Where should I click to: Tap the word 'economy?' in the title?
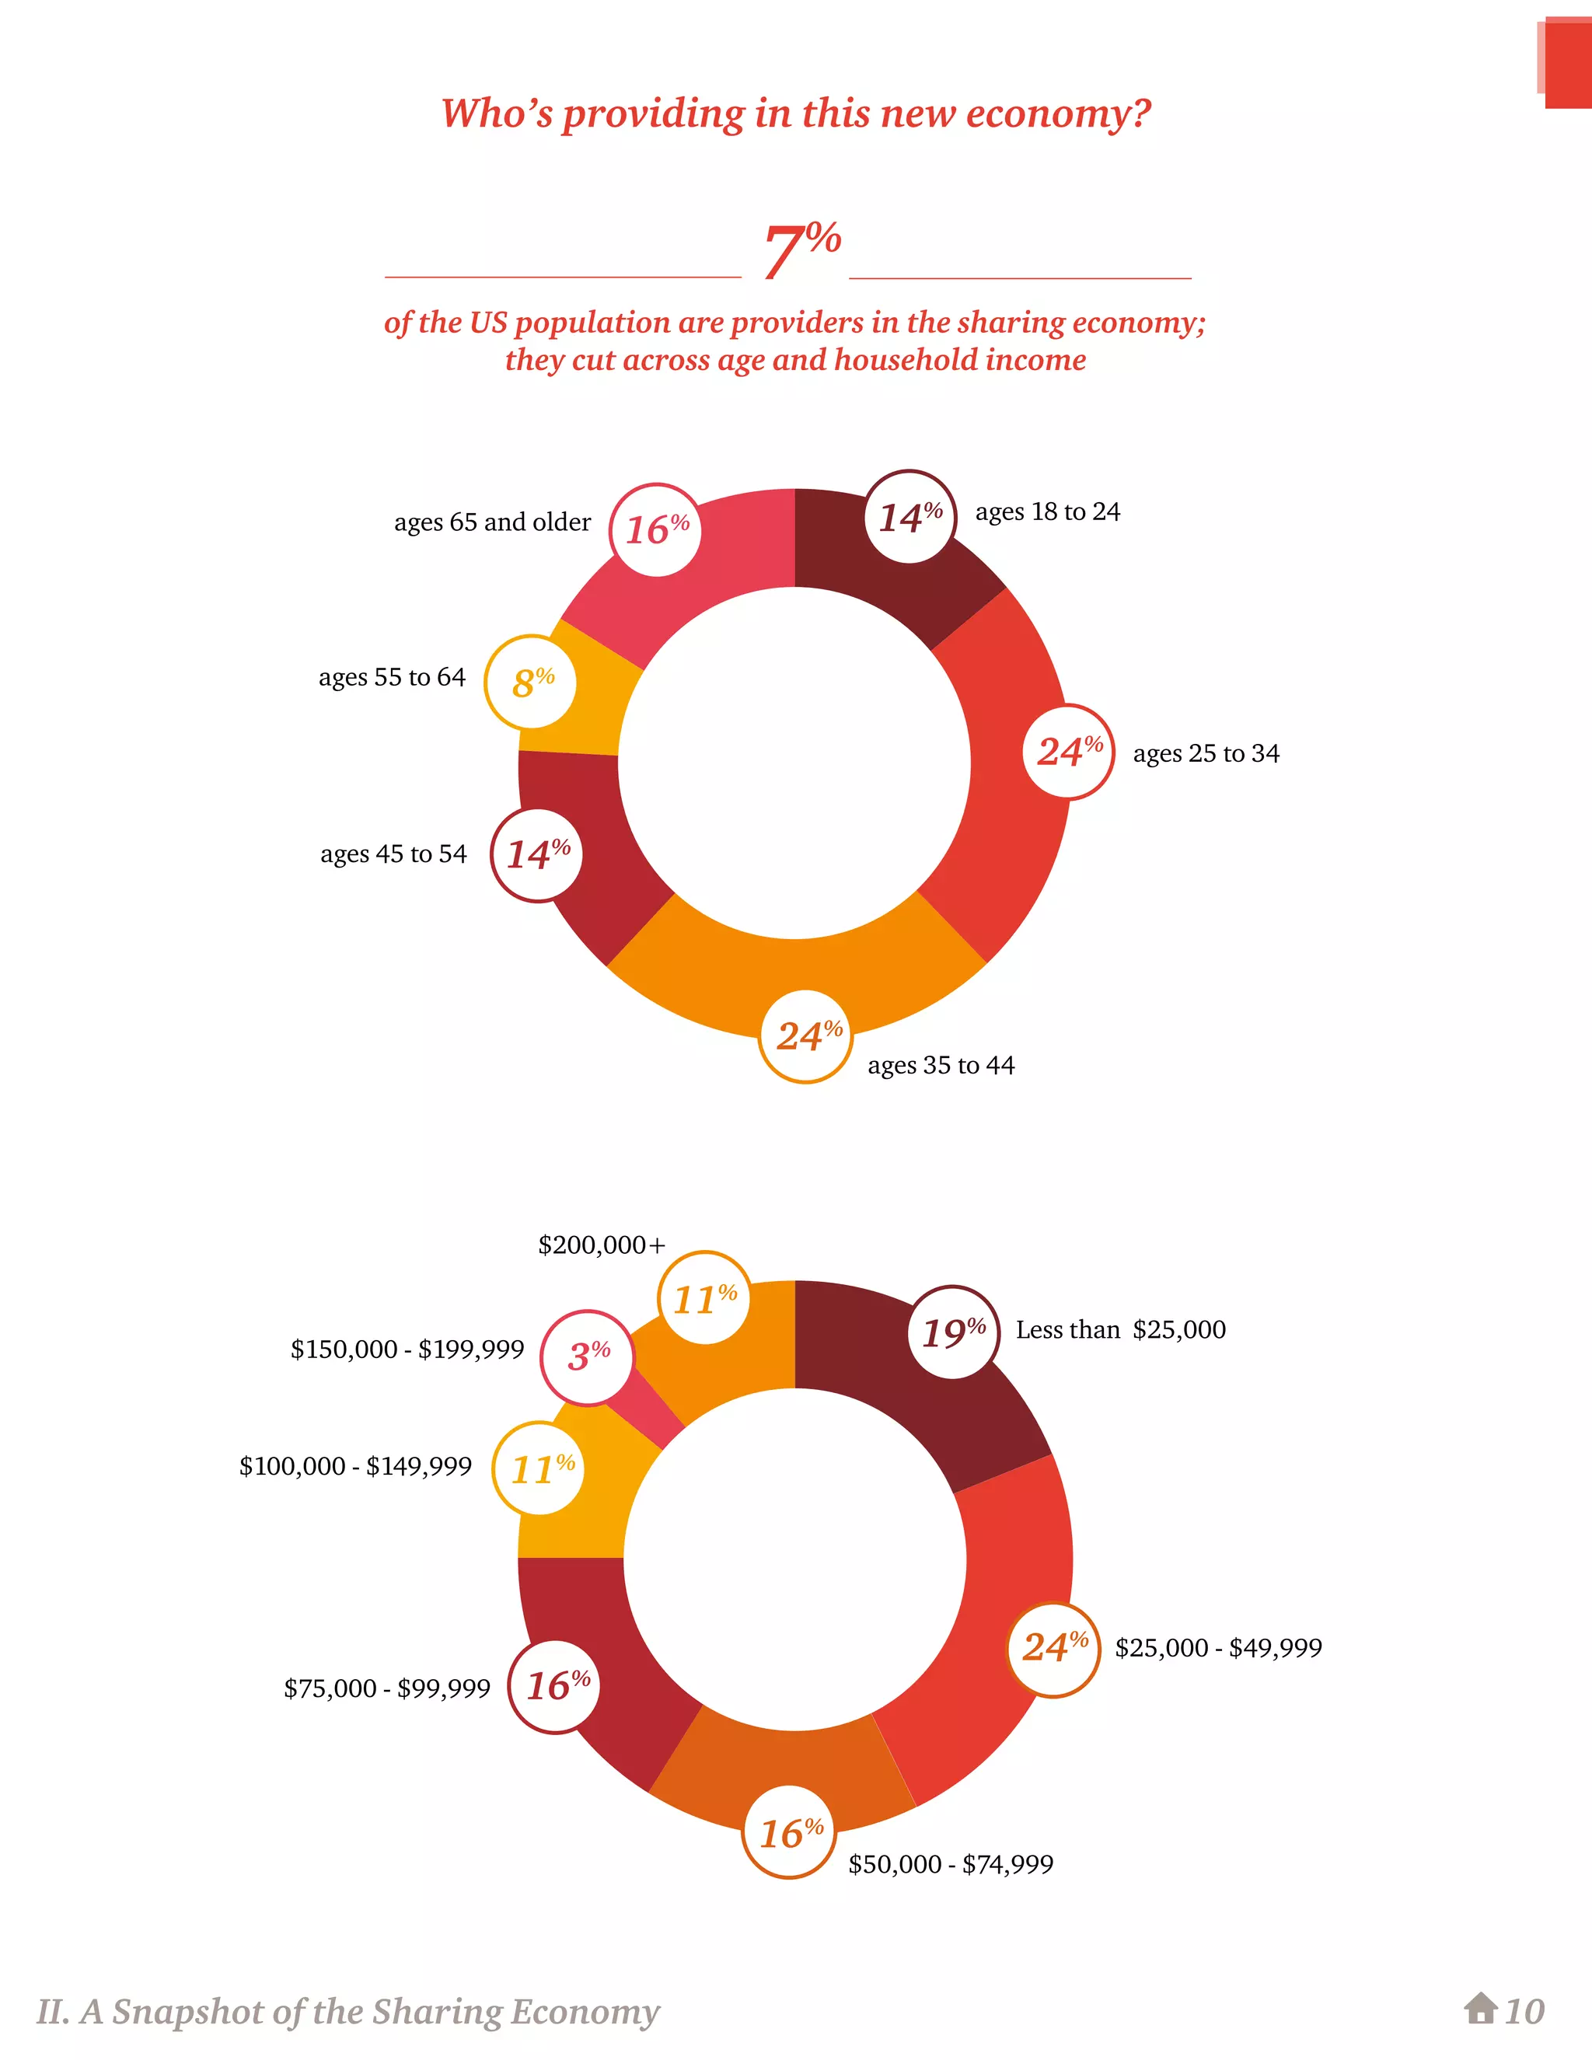pyautogui.click(x=1057, y=114)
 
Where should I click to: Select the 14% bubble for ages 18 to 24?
pyautogui.click(x=910, y=517)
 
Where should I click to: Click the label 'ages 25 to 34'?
pyautogui.click(x=1206, y=753)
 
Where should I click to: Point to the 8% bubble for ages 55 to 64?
pyautogui.click(x=532, y=682)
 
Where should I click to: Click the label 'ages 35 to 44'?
pyautogui.click(x=941, y=1065)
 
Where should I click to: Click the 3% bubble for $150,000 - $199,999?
pyautogui.click(x=588, y=1356)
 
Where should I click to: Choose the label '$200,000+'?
pyautogui.click(x=601, y=1245)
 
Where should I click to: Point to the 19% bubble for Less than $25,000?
pyautogui.click(x=952, y=1332)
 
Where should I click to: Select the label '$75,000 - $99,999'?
pyautogui.click(x=386, y=1688)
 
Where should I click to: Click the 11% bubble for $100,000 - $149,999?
pyautogui.click(x=540, y=1468)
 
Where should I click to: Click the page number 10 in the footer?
pyautogui.click(x=1524, y=2012)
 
